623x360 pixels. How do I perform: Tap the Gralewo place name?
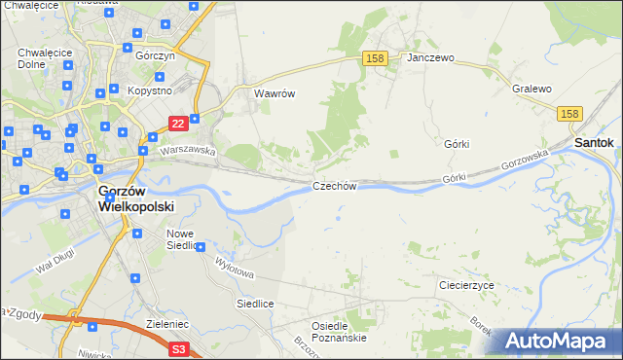coord(531,89)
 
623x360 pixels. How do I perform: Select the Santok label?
coord(594,142)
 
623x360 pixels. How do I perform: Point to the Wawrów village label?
coord(274,94)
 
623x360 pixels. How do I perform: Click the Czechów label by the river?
coord(335,186)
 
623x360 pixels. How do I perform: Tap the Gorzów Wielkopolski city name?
coord(135,199)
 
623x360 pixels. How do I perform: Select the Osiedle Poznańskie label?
coord(338,332)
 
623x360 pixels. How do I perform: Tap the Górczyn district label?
coord(155,55)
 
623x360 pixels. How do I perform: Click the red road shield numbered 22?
coord(177,124)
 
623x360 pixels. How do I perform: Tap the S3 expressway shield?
coord(178,349)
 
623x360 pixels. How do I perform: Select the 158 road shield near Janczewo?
coord(376,59)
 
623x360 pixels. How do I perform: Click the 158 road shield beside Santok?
coord(571,114)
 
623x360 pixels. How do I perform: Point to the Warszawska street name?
coord(187,151)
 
